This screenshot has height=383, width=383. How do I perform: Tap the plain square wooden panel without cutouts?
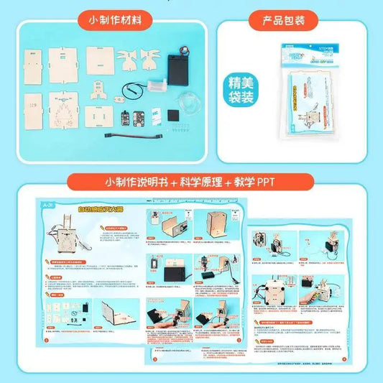[101, 58]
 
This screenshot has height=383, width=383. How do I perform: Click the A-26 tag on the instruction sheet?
[47, 205]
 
